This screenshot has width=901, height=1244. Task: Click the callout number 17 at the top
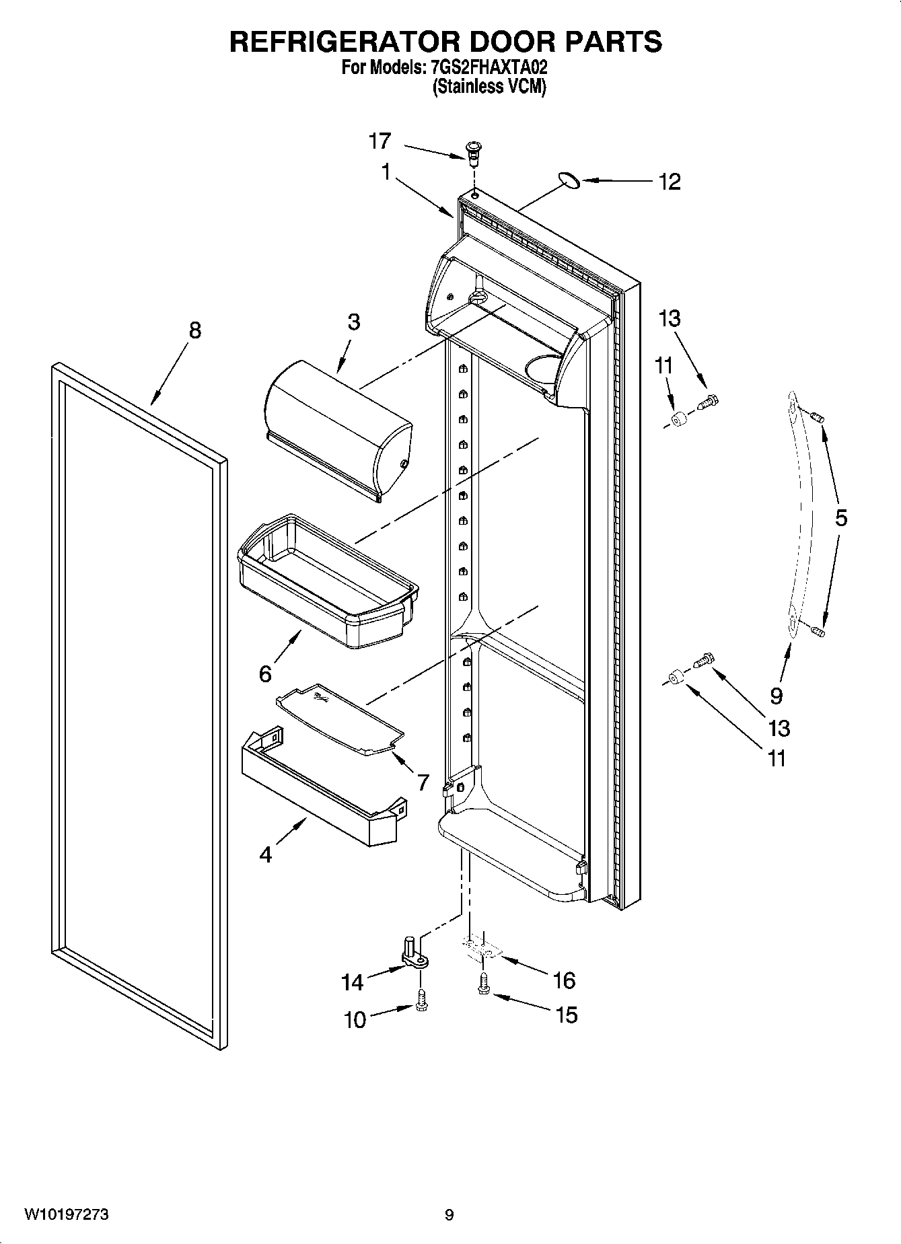(380, 141)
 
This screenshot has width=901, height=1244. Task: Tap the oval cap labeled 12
(569, 178)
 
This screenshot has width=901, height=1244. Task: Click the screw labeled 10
(421, 998)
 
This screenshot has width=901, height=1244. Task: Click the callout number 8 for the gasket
(194, 330)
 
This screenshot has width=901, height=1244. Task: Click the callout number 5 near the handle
(840, 518)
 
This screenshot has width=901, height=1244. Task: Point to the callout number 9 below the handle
(777, 694)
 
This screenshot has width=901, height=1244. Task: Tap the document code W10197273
(67, 1214)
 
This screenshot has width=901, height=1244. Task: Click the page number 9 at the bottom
(449, 1214)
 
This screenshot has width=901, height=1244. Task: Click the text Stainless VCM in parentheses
(489, 87)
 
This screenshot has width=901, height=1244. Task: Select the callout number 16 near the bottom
(564, 980)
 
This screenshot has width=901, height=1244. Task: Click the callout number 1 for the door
(386, 173)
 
